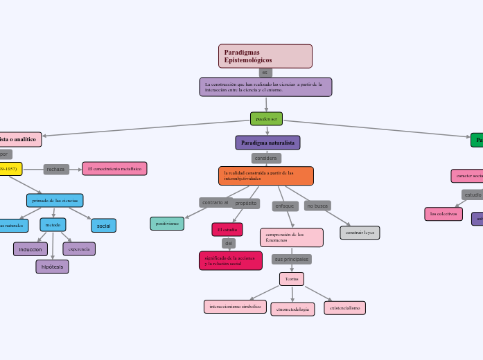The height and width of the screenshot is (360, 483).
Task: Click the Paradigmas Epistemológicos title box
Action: click(x=265, y=56)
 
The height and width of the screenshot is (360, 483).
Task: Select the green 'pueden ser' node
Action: click(x=266, y=118)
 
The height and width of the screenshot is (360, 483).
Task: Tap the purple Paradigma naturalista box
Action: click(x=267, y=143)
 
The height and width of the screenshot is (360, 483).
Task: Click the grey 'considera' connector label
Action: click(x=265, y=159)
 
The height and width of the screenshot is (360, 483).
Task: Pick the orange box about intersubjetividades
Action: click(x=266, y=175)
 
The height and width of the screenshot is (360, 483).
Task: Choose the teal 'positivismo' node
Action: click(x=167, y=223)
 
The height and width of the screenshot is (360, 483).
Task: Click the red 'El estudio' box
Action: click(x=227, y=229)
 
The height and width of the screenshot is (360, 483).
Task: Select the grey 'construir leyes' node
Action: click(x=360, y=233)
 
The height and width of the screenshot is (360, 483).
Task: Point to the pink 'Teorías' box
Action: click(x=292, y=278)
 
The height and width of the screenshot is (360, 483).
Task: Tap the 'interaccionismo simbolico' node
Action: click(x=235, y=306)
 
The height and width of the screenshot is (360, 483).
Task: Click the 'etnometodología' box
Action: click(x=292, y=309)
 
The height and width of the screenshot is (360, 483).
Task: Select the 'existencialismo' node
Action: click(x=344, y=307)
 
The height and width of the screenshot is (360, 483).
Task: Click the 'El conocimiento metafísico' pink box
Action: click(x=114, y=168)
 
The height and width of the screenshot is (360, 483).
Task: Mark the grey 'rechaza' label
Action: click(x=55, y=169)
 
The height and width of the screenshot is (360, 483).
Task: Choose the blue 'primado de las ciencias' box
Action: click(x=55, y=200)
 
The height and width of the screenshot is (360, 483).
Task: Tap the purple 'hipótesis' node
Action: click(x=52, y=267)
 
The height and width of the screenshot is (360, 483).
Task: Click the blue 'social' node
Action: click(x=103, y=226)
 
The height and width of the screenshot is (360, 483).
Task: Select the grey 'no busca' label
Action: click(x=317, y=206)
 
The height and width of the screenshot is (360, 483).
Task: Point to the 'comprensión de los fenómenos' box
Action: click(x=291, y=237)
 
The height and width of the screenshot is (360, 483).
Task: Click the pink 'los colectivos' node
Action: click(x=444, y=214)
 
